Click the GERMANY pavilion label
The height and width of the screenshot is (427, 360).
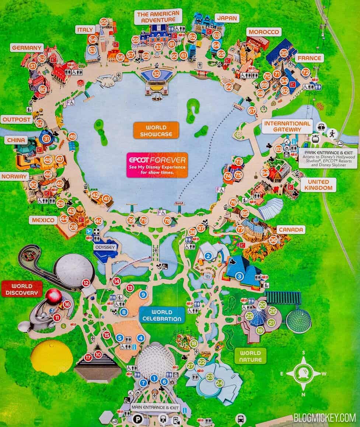pyautogui.click(x=27, y=48)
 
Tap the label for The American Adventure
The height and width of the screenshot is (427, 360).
pyautogui.click(x=158, y=17)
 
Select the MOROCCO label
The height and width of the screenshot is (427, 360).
pyautogui.click(x=263, y=32)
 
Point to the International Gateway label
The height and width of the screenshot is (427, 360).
pyautogui.click(x=287, y=126)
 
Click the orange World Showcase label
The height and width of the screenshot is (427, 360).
pyautogui.click(x=156, y=131)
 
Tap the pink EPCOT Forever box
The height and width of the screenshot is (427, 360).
pyautogui.click(x=157, y=165)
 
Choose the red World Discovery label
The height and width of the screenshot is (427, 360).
pyautogui.click(x=21, y=289)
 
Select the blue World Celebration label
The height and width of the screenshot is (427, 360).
pyautogui.click(x=162, y=315)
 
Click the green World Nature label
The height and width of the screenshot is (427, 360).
pyautogui.click(x=250, y=356)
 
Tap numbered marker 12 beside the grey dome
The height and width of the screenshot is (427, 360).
pyautogui.click(x=86, y=283)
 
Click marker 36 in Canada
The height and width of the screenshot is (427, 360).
pyautogui.click(x=273, y=240)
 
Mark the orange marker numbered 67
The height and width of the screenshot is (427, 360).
pyautogui.click(x=252, y=110)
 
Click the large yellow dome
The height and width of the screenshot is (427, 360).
pyautogui.click(x=52, y=357)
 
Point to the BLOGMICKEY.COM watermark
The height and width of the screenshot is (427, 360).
pyautogui.click(x=325, y=417)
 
